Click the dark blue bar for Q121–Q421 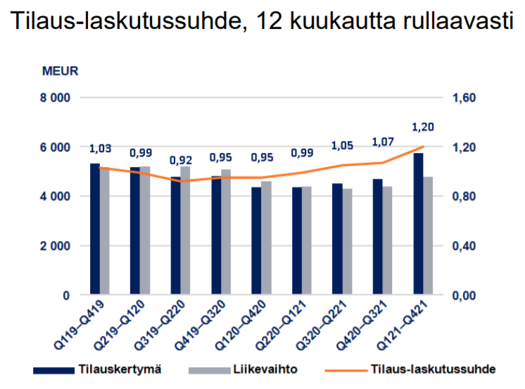point(418,224)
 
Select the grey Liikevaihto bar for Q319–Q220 point(186,230)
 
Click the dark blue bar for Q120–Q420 point(256,241)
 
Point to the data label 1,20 point(422,127)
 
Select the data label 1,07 point(382,142)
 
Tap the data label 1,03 point(100,148)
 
